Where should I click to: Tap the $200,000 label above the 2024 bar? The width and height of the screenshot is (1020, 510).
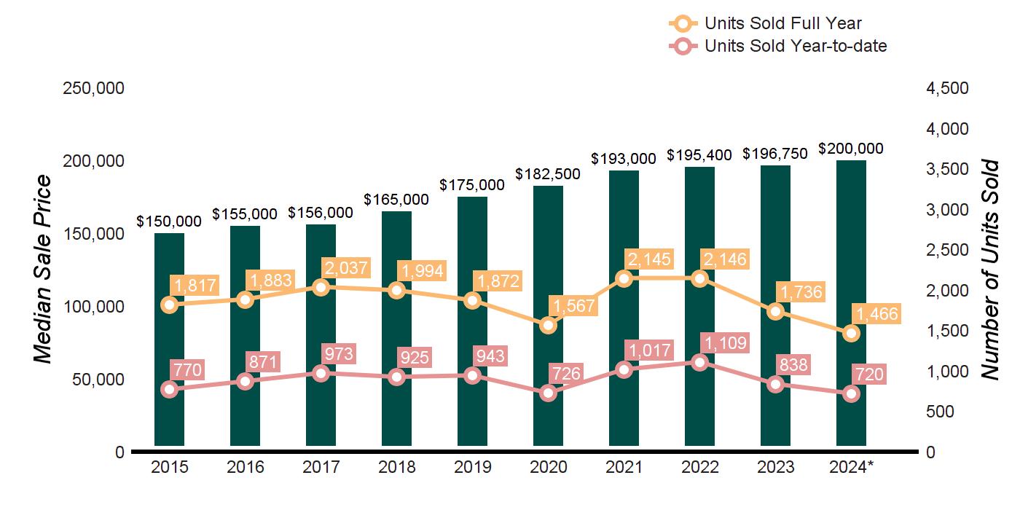pyautogui.click(x=851, y=149)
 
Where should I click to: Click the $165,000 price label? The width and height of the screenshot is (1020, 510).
pyautogui.click(x=396, y=199)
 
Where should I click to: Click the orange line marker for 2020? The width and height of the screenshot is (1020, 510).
pyautogui.click(x=549, y=325)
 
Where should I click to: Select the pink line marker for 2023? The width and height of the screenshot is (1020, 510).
pyautogui.click(x=776, y=385)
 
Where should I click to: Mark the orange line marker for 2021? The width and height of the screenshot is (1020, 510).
pyautogui.click(x=624, y=278)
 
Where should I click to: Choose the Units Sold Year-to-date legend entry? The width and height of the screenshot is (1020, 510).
pyautogui.click(x=780, y=47)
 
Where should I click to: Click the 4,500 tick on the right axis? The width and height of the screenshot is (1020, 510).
pyautogui.click(x=947, y=88)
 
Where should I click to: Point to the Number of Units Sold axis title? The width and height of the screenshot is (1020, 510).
pyautogui.click(x=989, y=269)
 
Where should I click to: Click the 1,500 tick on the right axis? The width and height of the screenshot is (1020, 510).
pyautogui.click(x=947, y=331)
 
